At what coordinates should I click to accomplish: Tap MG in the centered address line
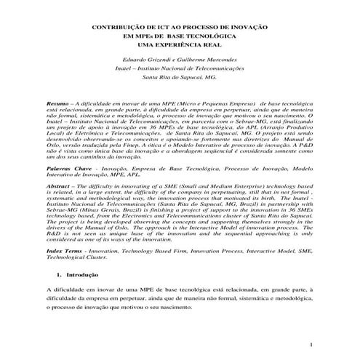pyautogui.click(x=209, y=76)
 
